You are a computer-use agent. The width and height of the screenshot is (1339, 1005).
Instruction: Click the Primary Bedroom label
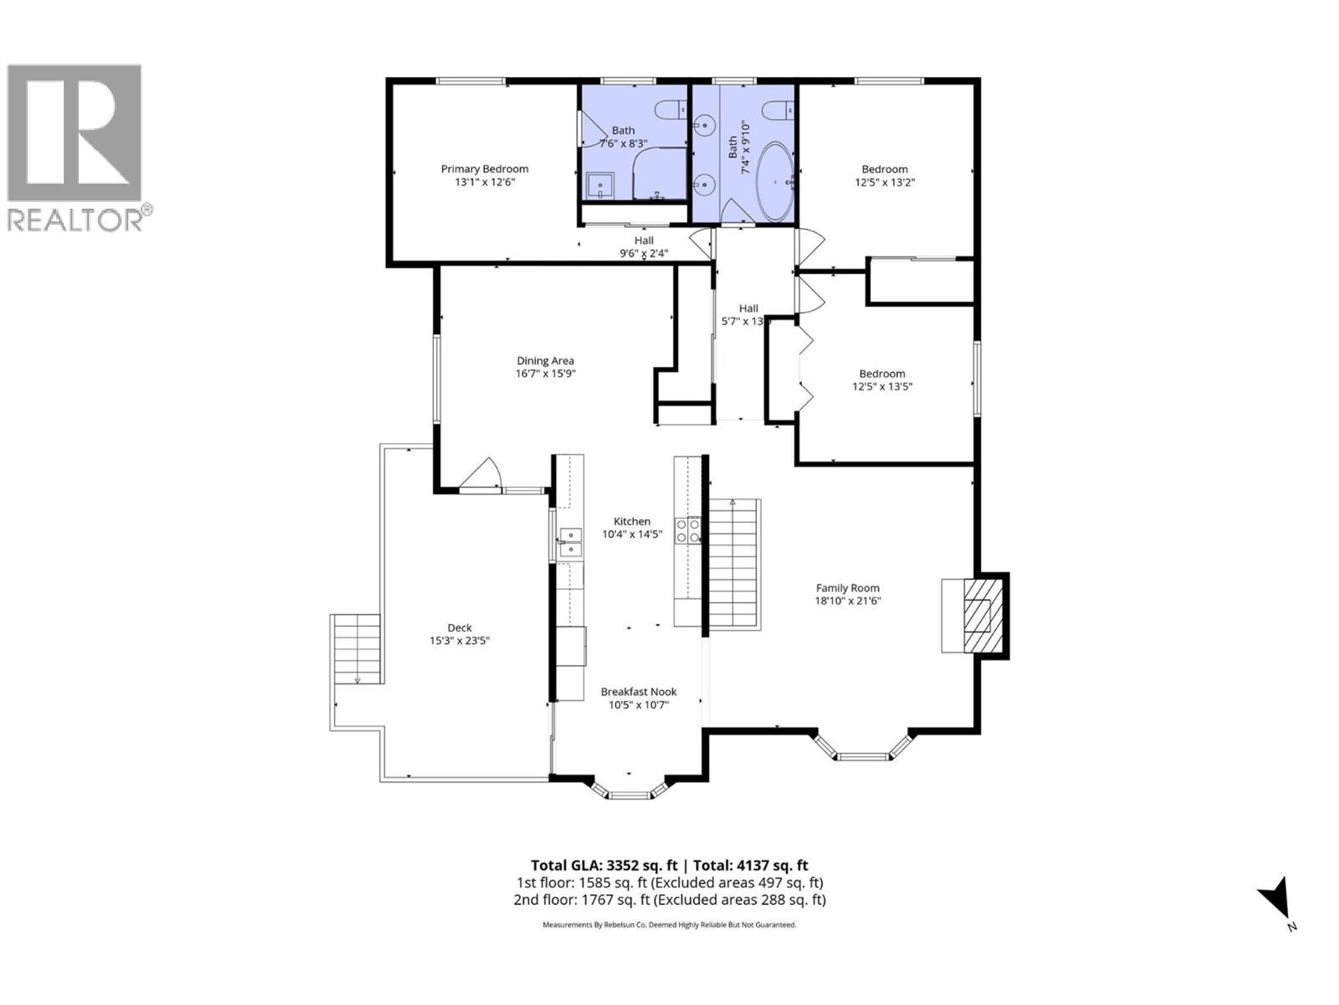(x=484, y=169)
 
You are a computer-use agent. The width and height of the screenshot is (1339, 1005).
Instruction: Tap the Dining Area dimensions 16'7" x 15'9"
(x=545, y=374)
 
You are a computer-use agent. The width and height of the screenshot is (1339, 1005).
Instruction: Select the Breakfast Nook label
(x=638, y=692)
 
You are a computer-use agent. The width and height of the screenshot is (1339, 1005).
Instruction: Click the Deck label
(x=460, y=627)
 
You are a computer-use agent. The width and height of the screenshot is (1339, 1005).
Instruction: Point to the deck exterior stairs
(x=356, y=649)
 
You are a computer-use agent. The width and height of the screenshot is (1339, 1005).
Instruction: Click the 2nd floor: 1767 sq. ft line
(x=669, y=900)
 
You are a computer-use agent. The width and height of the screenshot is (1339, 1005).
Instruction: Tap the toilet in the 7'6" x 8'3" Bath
(x=670, y=110)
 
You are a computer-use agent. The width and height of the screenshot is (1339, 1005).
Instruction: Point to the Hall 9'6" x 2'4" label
(x=643, y=247)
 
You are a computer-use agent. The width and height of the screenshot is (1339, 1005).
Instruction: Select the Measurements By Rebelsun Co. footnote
(x=669, y=925)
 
